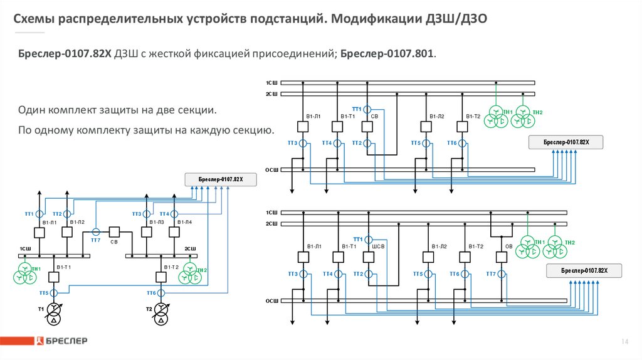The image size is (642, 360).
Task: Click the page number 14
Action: pyautogui.click(x=624, y=341)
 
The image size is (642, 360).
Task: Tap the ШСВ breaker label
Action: pyautogui.click(x=378, y=246)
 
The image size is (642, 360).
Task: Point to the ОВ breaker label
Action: pyautogui.click(x=508, y=246)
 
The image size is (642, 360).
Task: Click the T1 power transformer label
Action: pyautogui.click(x=41, y=310)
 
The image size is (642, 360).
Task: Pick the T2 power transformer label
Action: pyautogui.click(x=149, y=310)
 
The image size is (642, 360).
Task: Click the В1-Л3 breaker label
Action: pyautogui.click(x=157, y=222)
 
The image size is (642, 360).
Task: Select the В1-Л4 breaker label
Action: pyautogui.click(x=184, y=222)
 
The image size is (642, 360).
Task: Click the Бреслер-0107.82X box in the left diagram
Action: pyautogui.click(x=220, y=179)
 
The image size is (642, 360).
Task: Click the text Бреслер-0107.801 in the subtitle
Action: pyautogui.click(x=387, y=54)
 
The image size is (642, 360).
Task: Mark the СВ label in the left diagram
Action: pyautogui.click(x=114, y=241)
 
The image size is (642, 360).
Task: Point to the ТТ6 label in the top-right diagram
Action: pyautogui.click(x=451, y=143)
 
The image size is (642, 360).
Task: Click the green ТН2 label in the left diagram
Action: pyautogui.click(x=201, y=270)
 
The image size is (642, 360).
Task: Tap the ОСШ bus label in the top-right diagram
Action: pyautogui.click(x=271, y=169)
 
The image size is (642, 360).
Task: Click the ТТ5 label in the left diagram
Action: pyautogui.click(x=43, y=293)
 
